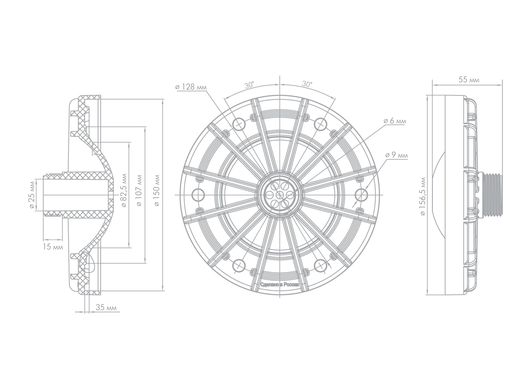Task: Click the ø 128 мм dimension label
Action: (x=191, y=87)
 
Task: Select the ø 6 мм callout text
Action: (x=395, y=121)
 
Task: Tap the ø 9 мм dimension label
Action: (x=396, y=155)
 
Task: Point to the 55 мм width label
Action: (x=469, y=80)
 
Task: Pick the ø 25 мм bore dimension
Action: (x=32, y=195)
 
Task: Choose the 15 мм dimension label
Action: (x=53, y=247)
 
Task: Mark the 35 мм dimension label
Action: (x=106, y=308)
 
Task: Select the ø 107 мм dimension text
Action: (x=139, y=191)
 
